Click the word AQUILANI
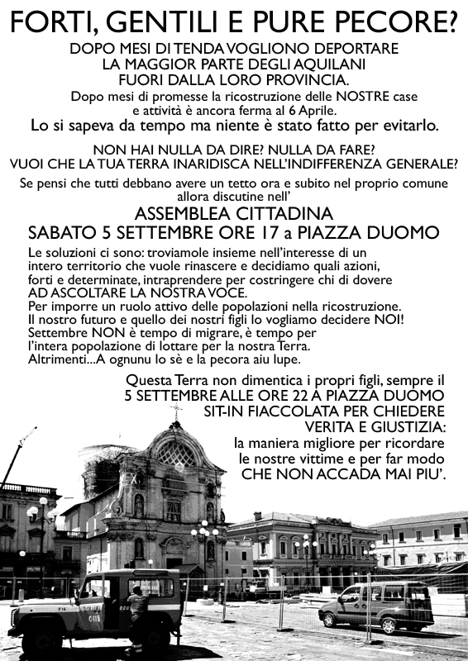[x=322, y=64]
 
